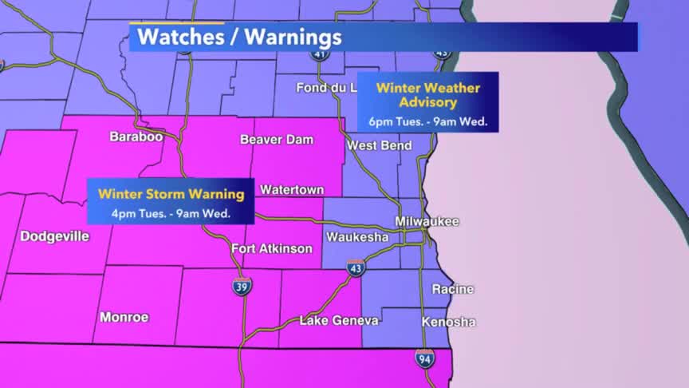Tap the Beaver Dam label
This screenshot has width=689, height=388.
(277, 140)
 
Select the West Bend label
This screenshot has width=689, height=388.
(380, 145)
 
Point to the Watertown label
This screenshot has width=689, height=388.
(292, 190)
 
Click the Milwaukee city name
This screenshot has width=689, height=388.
(427, 221)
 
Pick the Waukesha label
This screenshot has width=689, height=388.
(357, 237)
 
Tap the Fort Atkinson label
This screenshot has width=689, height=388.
(272, 248)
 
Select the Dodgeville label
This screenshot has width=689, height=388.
(55, 236)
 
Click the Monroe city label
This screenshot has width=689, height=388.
(124, 317)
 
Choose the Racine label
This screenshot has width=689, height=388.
(452, 289)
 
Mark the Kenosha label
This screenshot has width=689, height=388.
(449, 323)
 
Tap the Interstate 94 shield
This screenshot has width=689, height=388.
(425, 358)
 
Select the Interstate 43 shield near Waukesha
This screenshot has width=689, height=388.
(356, 268)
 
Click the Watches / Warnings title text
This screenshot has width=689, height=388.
(239, 37)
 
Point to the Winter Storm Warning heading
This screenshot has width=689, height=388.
(171, 193)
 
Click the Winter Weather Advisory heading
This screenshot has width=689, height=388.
(428, 95)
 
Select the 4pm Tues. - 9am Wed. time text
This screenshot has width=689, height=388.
(171, 213)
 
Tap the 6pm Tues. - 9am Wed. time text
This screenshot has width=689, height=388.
(428, 122)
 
